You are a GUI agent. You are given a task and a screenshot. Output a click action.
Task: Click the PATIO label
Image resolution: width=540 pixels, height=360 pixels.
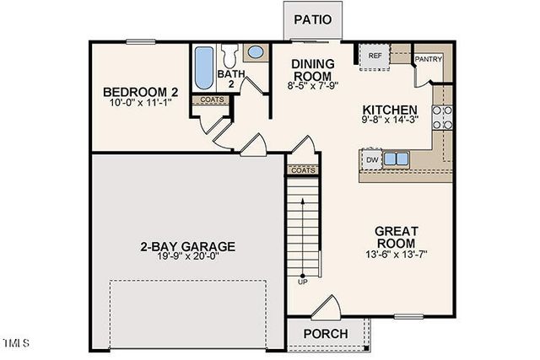311,19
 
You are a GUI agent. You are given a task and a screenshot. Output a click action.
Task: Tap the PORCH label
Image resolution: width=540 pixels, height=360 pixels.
325,334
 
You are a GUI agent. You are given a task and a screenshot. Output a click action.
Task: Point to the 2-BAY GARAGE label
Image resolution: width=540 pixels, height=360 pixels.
187,247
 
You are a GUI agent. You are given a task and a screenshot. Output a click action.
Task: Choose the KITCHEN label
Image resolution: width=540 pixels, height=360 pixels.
390,110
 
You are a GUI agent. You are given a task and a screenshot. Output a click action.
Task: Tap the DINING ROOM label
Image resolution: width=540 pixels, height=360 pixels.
313,71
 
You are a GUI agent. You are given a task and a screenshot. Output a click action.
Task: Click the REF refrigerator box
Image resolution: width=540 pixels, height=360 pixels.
375,57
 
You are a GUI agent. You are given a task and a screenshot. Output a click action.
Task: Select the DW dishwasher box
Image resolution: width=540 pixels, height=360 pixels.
372,159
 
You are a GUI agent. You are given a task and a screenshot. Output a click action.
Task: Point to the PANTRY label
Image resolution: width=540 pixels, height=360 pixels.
429,60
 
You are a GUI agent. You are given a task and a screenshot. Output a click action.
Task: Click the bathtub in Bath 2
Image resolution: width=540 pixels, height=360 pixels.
204,69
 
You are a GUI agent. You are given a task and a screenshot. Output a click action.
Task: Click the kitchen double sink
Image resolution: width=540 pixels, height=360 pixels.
395,159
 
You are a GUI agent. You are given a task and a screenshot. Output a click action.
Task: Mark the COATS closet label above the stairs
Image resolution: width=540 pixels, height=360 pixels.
303,169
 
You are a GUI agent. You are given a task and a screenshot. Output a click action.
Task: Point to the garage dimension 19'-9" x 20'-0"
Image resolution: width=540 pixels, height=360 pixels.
187,260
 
